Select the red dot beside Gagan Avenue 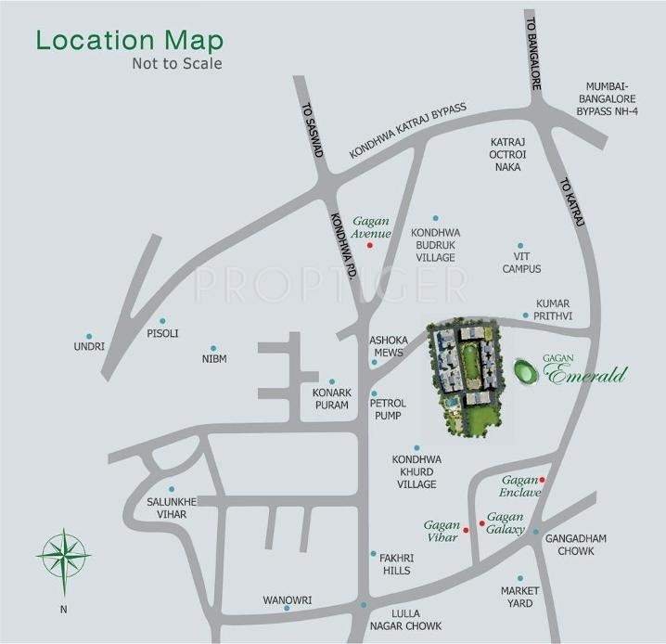tap(369, 246)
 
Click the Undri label tap(89, 347)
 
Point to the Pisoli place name tap(161, 332)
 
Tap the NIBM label tap(213, 358)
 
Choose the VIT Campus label tap(521, 263)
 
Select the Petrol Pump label tap(387, 411)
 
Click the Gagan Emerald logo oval tap(526, 372)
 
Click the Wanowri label tap(286, 599)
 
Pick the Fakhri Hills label tap(396, 564)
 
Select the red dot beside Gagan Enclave tap(543, 480)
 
